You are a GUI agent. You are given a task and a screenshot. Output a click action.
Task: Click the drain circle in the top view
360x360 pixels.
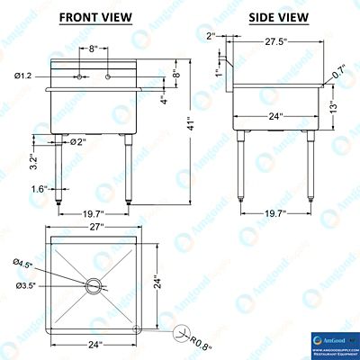[x=93, y=285]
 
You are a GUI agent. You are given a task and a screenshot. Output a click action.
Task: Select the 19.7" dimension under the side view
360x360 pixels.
[x=276, y=213]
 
